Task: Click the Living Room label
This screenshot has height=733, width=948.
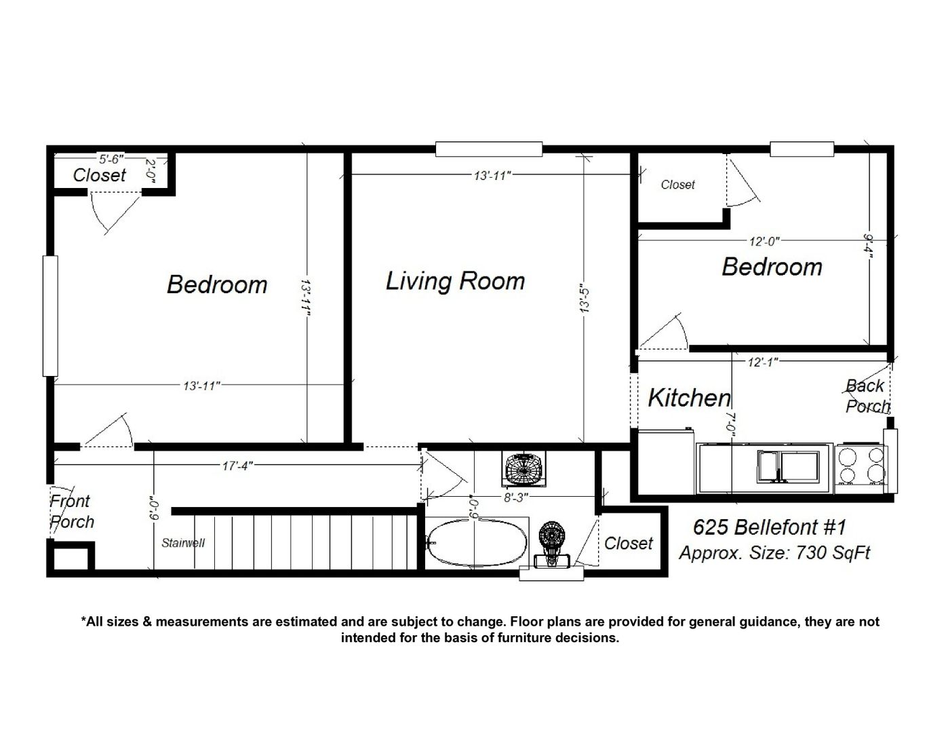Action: (x=455, y=282)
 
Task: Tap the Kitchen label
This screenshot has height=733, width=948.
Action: (x=689, y=398)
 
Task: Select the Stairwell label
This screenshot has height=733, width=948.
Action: (x=183, y=543)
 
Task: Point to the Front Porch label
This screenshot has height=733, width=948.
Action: (x=72, y=511)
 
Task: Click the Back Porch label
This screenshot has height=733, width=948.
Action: (x=867, y=396)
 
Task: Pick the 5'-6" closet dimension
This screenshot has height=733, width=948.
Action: (x=112, y=159)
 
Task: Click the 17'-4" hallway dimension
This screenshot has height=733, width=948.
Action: (x=237, y=466)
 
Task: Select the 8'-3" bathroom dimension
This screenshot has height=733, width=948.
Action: (x=517, y=497)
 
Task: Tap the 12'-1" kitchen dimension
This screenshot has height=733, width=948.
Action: (x=763, y=362)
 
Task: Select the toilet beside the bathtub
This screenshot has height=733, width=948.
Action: (x=552, y=546)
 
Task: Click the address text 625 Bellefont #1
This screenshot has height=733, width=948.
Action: (x=770, y=527)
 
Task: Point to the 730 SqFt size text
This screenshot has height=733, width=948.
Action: (x=833, y=553)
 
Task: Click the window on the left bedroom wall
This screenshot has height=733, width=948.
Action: (x=50, y=316)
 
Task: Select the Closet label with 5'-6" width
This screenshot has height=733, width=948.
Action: (x=100, y=176)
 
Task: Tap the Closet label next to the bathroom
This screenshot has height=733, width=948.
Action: (x=628, y=544)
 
